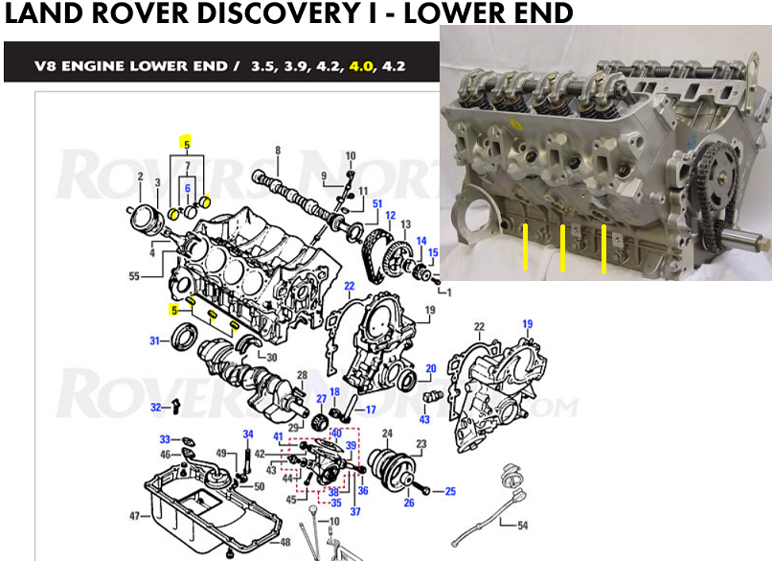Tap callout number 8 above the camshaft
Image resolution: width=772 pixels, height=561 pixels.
coord(278,151)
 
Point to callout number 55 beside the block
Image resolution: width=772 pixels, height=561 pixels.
coord(135,276)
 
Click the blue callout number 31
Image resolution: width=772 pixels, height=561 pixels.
coord(153,340)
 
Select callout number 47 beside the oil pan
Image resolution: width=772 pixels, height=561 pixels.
coord(134,516)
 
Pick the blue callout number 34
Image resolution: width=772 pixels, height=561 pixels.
coord(247,433)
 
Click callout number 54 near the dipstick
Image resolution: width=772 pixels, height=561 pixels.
coord(521,526)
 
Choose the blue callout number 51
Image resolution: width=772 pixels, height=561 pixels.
coord(377,203)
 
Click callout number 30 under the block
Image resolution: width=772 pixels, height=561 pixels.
coord(271,358)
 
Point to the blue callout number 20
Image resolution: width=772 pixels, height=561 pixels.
coord(430,369)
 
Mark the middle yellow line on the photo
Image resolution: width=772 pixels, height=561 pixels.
coord(562,248)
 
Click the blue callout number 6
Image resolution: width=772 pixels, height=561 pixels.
coord(189,188)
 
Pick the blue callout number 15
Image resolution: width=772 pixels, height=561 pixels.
coord(433,252)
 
